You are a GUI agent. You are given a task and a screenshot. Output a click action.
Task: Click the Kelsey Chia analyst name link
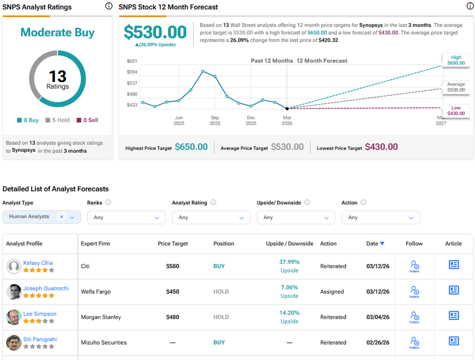[38, 263]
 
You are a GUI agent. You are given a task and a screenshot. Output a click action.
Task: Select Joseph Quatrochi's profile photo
[14, 292]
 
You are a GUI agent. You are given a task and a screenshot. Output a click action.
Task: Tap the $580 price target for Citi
[172, 266]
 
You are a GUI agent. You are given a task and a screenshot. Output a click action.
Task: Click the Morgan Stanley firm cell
[101, 317]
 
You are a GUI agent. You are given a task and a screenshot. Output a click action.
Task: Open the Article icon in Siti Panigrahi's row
[454, 341]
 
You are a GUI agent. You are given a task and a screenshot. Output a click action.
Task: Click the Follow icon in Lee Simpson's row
[414, 316]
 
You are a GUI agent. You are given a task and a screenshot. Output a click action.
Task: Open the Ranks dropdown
[126, 217]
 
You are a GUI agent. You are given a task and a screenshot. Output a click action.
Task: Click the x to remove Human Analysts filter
[62, 217]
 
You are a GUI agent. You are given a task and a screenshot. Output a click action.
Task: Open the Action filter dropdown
[381, 217]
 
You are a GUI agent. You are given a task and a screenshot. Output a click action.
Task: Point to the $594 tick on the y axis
[132, 72]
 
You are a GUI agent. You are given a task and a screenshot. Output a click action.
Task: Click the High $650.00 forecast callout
[456, 61]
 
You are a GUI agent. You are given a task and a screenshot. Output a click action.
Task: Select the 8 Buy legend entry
[28, 120]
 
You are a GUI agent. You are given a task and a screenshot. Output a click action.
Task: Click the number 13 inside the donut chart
[58, 76]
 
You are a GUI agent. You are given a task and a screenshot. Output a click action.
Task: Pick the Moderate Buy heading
[57, 33]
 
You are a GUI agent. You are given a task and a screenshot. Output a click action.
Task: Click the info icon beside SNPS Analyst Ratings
[109, 7]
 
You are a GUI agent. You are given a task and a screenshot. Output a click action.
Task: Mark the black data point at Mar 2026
[287, 108]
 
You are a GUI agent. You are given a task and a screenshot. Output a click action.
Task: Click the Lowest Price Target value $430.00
[382, 147]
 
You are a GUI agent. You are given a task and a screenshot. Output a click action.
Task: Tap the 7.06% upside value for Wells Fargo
[289, 287]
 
